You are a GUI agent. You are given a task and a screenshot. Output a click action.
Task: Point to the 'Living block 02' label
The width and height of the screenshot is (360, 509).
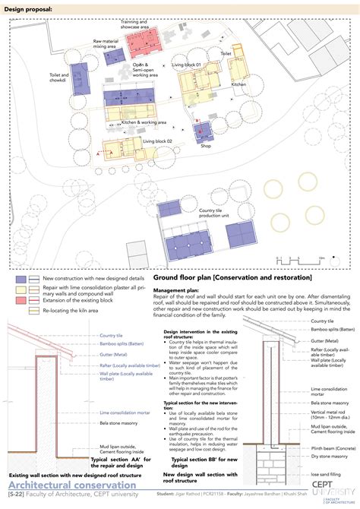point(157,141)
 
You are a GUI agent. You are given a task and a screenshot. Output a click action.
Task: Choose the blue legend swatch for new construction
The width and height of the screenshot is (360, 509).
point(23,280)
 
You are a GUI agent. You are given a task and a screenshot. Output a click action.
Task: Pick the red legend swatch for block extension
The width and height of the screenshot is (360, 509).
point(23,302)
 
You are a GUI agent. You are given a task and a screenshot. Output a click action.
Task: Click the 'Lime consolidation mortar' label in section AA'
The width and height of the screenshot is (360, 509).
point(125,413)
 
